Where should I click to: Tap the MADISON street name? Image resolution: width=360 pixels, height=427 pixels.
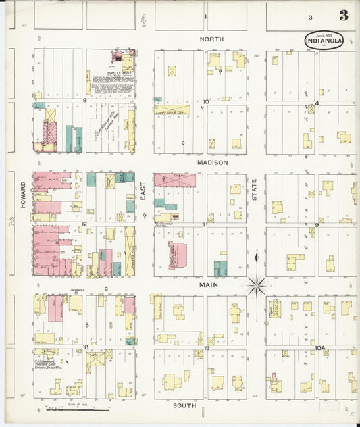coord(213,163)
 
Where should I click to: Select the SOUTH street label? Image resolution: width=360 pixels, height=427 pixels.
coord(184,405)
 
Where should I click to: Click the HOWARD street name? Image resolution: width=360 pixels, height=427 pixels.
coord(23,194)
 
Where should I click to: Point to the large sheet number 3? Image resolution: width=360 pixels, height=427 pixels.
coord(344,15)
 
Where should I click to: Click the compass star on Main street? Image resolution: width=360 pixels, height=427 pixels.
coord(257,286)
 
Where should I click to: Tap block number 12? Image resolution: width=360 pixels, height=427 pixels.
coord(85,224)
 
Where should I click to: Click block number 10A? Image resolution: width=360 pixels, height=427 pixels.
coord(320,347)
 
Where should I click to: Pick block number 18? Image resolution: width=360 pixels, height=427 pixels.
coord(86,347)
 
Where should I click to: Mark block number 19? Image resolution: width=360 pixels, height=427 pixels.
coord(206,347)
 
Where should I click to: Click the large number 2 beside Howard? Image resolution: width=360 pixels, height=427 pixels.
coord(11,220)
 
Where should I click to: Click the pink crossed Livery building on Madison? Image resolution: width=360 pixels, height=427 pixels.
coord(175,180)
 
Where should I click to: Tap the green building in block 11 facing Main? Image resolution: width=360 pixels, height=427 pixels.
coord(220,268)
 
